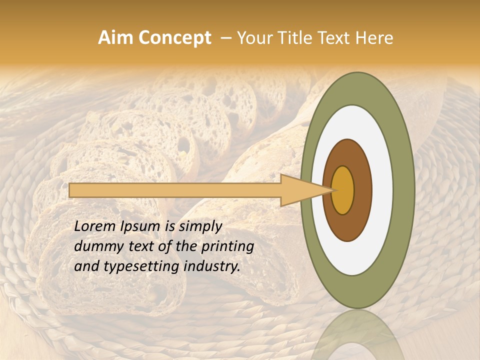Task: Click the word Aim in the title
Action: (114, 38)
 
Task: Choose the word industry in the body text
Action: (211, 266)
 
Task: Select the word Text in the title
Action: (335, 38)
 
